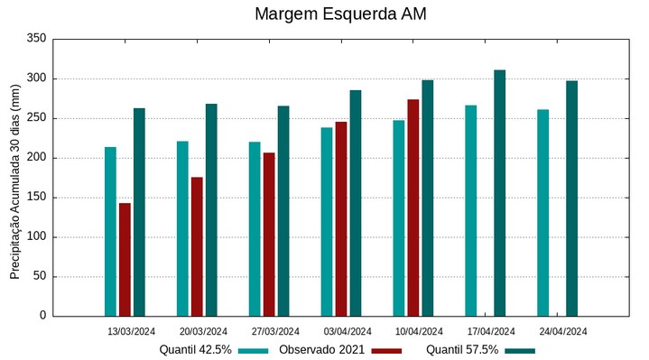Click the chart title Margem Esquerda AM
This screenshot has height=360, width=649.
coord(340,14)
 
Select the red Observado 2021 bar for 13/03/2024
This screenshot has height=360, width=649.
coord(125,260)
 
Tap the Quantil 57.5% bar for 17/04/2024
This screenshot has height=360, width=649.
coord(499,193)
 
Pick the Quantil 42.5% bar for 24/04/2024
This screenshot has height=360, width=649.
coord(542,213)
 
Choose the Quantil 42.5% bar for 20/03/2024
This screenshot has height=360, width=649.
coord(182,228)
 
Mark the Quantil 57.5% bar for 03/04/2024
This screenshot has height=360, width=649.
coord(355,203)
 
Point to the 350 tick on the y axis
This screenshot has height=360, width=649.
coord(36,39)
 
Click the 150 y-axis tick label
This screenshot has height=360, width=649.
coord(36,198)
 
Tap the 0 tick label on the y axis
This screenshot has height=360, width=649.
coord(42,316)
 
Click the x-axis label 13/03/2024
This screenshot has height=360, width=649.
coord(132,331)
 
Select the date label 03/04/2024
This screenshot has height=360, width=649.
coord(348,331)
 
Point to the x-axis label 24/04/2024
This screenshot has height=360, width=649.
coord(564,331)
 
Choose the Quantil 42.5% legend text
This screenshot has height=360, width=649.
coord(196,349)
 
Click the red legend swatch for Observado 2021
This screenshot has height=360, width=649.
coord(386,350)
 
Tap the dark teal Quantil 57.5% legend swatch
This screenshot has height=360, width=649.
coord(520,350)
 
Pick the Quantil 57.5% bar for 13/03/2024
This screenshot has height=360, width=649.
coord(139,212)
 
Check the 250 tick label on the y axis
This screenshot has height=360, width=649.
coord(36,118)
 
